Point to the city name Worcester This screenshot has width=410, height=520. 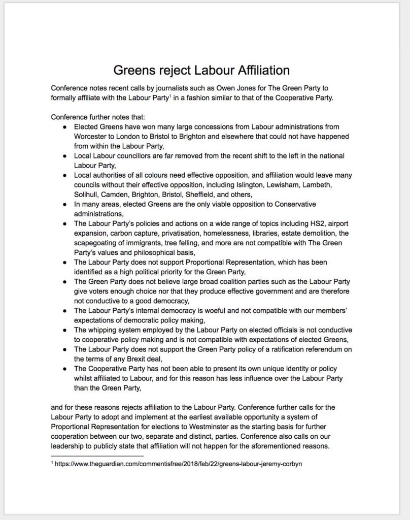tap(92, 136)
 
